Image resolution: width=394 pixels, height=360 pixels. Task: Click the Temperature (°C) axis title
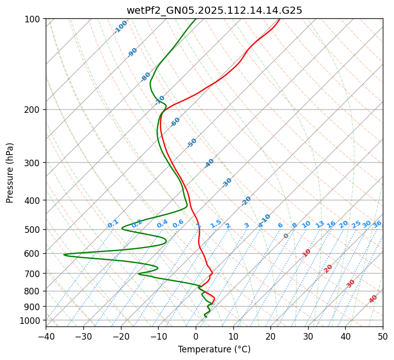[x=214, y=350]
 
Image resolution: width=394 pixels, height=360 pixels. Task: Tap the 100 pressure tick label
[x=34, y=19]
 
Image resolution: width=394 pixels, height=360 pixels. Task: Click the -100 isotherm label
[x=120, y=27]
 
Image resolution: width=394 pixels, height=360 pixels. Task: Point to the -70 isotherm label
[x=160, y=100]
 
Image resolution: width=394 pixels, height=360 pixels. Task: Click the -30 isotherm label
[x=227, y=183]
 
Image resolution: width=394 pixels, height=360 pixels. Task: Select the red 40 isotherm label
[x=373, y=299]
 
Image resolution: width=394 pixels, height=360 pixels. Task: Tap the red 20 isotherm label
[x=328, y=268]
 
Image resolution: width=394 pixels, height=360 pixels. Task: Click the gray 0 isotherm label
[x=286, y=236]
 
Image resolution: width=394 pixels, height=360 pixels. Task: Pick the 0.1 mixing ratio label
[x=113, y=224]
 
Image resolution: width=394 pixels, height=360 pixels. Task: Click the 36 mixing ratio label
[x=377, y=224]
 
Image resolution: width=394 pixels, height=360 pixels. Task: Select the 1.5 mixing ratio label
[x=216, y=224]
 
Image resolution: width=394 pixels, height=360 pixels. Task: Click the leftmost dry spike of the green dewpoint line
[x=64, y=255]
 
